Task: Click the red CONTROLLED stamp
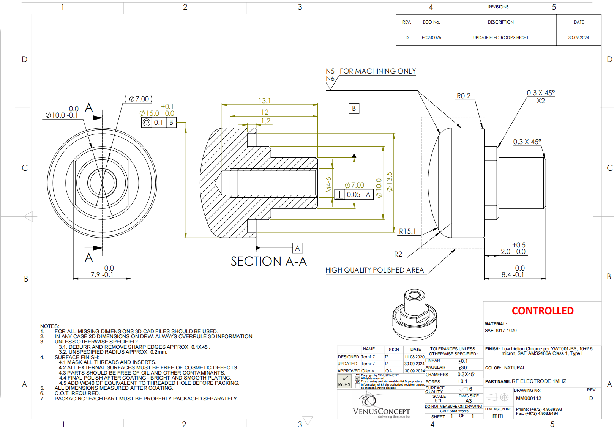[x=542, y=311]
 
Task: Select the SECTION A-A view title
[x=268, y=262]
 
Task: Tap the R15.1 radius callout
[x=407, y=231]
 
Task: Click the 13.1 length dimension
[x=265, y=101]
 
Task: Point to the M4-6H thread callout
[x=328, y=182]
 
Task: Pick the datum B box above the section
[x=354, y=109]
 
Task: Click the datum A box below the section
[x=297, y=248]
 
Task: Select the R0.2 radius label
[x=463, y=96]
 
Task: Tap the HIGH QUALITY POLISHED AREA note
[x=374, y=270]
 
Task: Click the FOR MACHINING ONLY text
[x=377, y=71]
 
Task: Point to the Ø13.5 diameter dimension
[x=390, y=181]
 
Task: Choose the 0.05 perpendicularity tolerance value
[x=354, y=195]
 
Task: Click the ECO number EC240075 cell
[x=431, y=38]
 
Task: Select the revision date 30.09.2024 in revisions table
[x=578, y=38]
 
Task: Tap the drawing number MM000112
[x=529, y=398]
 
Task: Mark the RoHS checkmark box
[x=344, y=381]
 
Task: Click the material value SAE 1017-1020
[x=500, y=331]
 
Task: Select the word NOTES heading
[x=49, y=326]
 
